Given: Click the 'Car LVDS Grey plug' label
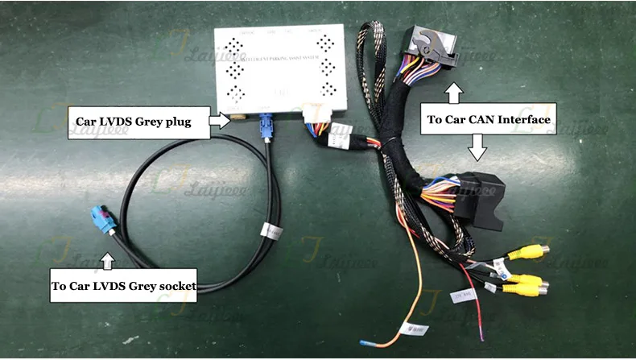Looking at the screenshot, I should coord(132,122).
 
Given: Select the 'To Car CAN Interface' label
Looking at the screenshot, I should coord(488,120).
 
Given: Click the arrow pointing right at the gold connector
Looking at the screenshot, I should coord(219,122).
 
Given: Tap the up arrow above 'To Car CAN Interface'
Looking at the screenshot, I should coord(454,93).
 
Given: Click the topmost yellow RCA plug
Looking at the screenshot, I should coord(533,251).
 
